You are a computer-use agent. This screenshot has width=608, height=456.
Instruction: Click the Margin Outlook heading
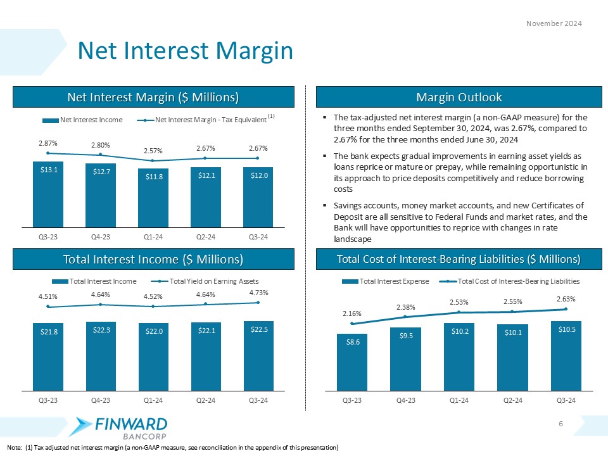tap(459, 97)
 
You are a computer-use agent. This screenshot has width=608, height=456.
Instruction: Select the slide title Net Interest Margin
tap(184, 51)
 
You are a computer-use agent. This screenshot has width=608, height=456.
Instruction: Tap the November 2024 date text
tap(555, 23)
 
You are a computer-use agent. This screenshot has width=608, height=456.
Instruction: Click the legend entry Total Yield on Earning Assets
tap(209, 281)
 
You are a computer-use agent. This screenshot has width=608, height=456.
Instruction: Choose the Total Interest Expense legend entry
tap(388, 281)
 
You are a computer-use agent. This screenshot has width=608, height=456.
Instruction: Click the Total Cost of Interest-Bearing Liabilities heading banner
tap(459, 259)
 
